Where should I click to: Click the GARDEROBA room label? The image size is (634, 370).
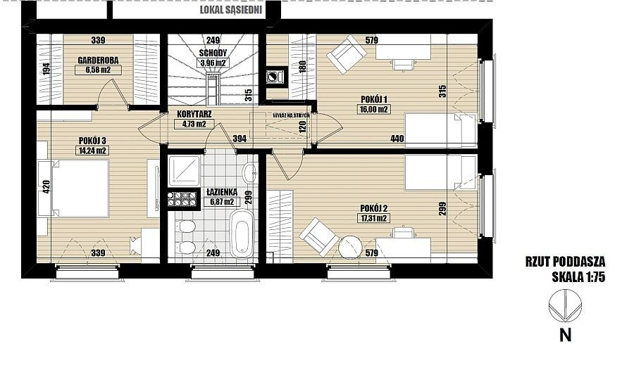(98, 60)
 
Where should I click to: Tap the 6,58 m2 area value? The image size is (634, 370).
(98, 70)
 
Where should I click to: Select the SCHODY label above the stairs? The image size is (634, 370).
(213, 53)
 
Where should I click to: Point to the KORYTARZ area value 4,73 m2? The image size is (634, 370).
(194, 124)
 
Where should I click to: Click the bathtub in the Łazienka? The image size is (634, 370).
(242, 234)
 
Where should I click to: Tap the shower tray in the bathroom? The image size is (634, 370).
(184, 171)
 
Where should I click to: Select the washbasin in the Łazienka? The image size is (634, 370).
(250, 172)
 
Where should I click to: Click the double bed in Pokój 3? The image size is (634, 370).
(80, 189)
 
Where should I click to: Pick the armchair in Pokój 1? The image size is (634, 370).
(347, 55)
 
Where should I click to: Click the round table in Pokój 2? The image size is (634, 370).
(350, 247)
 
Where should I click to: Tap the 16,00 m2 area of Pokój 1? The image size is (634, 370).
(374, 109)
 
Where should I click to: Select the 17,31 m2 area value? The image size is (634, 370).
(374, 219)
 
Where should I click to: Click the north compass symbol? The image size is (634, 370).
(565, 306)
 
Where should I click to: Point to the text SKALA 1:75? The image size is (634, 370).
(578, 277)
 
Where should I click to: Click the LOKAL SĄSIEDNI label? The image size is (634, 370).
(231, 10)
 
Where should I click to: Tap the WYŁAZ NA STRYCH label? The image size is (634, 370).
(291, 115)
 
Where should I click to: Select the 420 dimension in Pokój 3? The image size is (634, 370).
(46, 186)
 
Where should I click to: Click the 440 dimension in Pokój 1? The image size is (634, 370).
(397, 139)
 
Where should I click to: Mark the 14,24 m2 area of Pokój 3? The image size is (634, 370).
(92, 151)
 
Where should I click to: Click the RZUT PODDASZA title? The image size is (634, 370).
(565, 262)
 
